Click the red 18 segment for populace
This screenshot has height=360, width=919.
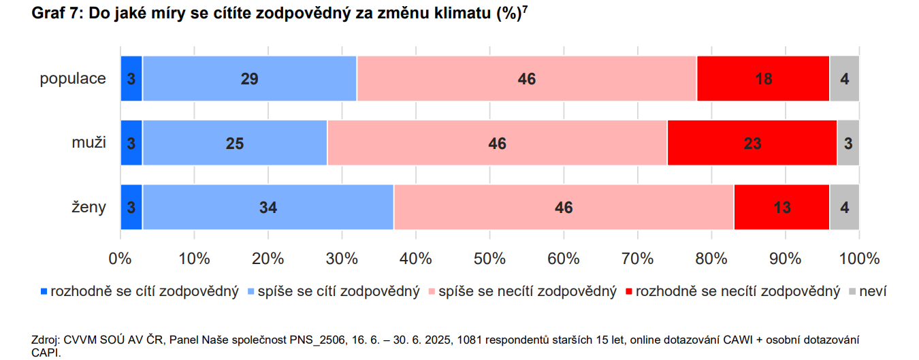click(x=763, y=78)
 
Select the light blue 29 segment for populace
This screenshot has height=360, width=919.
click(x=249, y=78)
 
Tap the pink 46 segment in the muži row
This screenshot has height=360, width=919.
click(x=497, y=143)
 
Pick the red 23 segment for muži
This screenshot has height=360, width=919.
click(x=752, y=143)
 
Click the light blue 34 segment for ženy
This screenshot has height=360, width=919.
click(x=268, y=207)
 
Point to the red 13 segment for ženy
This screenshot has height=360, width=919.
click(x=781, y=207)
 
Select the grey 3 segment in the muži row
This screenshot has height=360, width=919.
click(x=848, y=143)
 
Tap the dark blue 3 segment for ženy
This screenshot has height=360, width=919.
click(x=131, y=207)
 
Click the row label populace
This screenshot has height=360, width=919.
click(x=73, y=78)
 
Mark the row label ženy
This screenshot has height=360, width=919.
click(x=88, y=207)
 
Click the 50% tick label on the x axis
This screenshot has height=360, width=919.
click(x=489, y=259)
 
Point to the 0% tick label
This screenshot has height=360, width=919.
click(x=120, y=259)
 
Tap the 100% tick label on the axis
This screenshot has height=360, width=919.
click(x=859, y=259)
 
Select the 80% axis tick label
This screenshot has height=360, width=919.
click(x=711, y=259)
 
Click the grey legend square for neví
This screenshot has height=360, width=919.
click(x=852, y=292)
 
